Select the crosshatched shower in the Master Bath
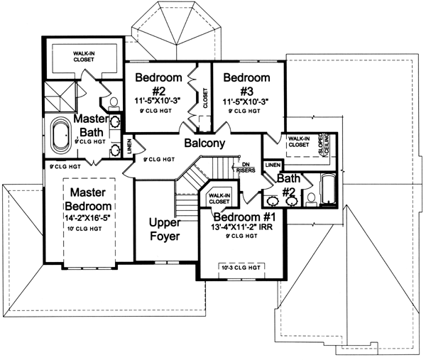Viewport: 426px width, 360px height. tap(58, 94)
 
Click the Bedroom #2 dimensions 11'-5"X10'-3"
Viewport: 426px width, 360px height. tap(160, 101)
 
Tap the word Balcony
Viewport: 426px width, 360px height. tap(204, 143)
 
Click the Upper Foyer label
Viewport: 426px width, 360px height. tap(165, 229)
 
